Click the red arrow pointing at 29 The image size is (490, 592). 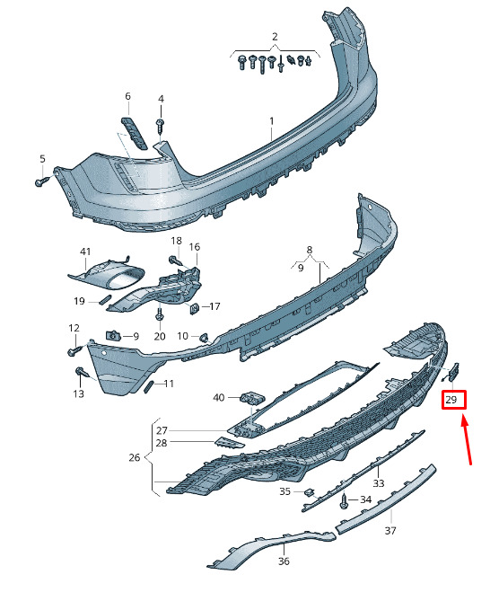pyautogui.click(x=467, y=439)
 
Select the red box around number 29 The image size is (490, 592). pyautogui.click(x=454, y=400)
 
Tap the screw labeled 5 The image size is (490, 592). pyautogui.click(x=40, y=181)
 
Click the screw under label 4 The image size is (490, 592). pyautogui.click(x=161, y=126)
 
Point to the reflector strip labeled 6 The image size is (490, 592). pyautogui.click(x=134, y=133)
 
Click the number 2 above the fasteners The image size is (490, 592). pyautogui.click(x=275, y=37)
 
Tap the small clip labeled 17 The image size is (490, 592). pyautogui.click(x=194, y=308)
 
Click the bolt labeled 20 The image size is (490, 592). pyautogui.click(x=160, y=314)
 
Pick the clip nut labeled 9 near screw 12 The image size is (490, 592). pyautogui.click(x=112, y=334)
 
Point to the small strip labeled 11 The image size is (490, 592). pyautogui.click(x=149, y=386)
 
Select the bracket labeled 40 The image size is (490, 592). pyautogui.click(x=252, y=398)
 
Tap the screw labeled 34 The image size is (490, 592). pyautogui.click(x=344, y=501)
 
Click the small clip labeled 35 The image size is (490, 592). pyautogui.click(x=310, y=492)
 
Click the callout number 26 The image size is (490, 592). pyautogui.click(x=135, y=457)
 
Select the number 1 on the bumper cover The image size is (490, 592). pyautogui.click(x=272, y=121)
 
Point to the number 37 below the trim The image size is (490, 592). pyautogui.click(x=390, y=530)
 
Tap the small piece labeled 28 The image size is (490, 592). pyautogui.click(x=230, y=442)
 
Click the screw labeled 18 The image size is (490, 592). pyautogui.click(x=176, y=261)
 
